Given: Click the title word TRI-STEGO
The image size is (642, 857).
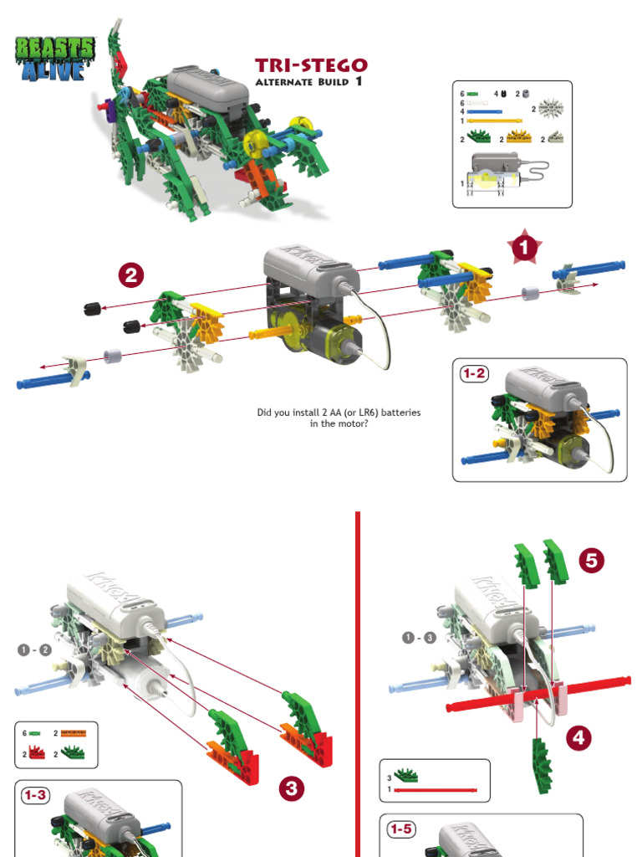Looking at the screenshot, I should tap(311, 66).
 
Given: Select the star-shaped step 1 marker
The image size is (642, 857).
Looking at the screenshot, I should tap(524, 248).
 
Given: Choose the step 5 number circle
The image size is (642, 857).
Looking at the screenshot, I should tap(592, 562).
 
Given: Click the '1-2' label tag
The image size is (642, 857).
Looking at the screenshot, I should tap(475, 374).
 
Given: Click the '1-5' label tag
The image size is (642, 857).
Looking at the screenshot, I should tap(400, 829).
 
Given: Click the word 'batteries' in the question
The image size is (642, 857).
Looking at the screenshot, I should tap(398, 413).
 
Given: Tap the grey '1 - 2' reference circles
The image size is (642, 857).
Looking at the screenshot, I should tap(34, 650).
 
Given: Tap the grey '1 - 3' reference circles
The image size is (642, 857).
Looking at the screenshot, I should tap(418, 638).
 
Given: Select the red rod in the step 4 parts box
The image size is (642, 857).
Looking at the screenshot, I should tap(436, 789).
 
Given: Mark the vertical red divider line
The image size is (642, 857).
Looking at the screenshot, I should tap(358, 682).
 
